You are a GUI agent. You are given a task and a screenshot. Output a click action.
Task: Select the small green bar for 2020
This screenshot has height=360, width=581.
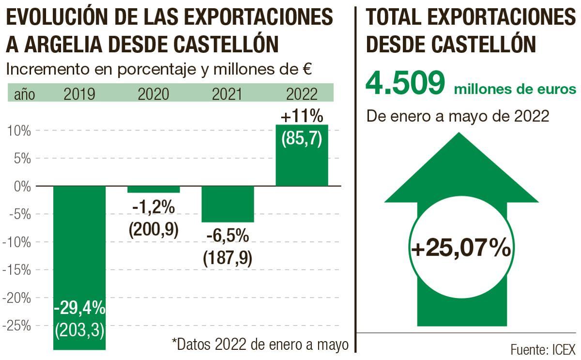pos(153,190)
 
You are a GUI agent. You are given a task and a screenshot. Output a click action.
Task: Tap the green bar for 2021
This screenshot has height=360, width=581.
pos(228,204)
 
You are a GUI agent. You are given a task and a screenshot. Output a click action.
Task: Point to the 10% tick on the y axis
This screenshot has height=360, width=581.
pos(19,131)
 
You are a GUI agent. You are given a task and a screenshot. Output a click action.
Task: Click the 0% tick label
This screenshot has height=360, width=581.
pos(22,186)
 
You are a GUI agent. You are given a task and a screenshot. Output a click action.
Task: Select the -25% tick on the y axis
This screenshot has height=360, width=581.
pos(17,326)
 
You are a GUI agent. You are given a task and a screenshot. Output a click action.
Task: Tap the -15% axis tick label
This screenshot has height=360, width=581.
pos(17,270)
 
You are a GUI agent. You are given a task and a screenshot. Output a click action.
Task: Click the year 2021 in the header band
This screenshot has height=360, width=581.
pos(228,94)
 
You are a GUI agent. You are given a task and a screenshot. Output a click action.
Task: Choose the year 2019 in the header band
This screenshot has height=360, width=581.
pos(79,94)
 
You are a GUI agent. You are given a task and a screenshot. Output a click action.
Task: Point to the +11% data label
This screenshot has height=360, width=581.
pos(301,117)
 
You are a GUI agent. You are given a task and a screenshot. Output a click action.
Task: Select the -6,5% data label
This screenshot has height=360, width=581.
pos(228,237)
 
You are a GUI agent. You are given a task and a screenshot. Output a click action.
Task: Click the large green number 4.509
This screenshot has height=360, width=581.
pos(404,83)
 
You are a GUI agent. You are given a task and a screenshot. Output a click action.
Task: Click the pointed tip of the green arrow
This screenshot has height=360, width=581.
pos(461,135)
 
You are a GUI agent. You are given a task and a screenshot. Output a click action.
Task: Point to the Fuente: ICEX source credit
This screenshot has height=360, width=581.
pos(542,349)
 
